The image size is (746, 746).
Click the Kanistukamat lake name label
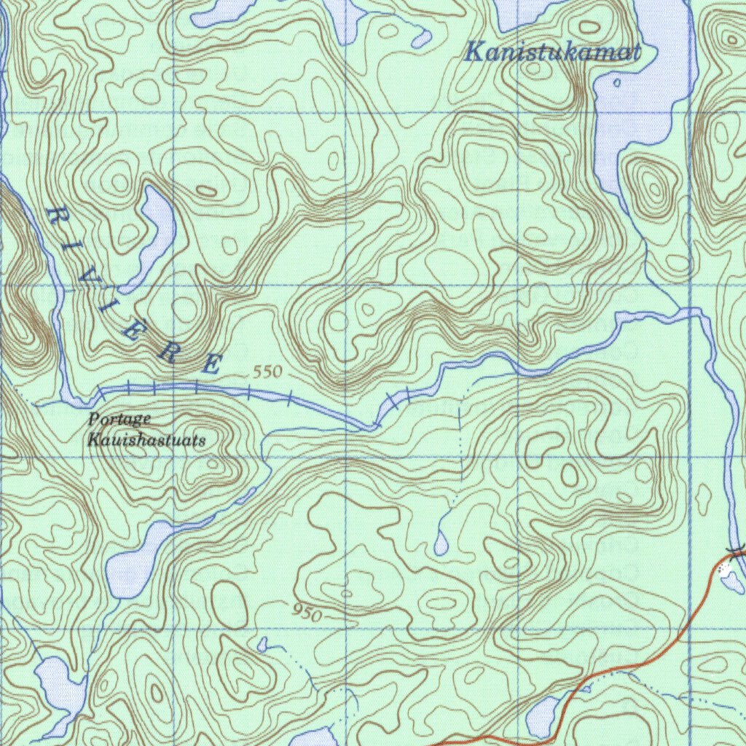553,52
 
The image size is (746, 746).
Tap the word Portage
119,420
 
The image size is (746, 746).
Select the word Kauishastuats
146,440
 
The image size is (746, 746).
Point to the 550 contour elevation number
266,372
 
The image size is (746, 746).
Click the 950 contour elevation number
307,613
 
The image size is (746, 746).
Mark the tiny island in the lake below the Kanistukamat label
616,83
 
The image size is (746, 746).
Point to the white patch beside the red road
726,568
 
